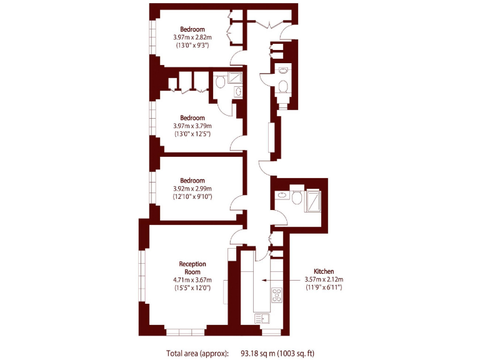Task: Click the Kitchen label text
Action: (x=324, y=271)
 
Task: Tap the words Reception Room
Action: (x=192, y=267)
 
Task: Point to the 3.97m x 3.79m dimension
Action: (x=192, y=126)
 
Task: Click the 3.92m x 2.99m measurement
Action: (x=192, y=189)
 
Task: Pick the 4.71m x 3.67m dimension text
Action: (x=192, y=279)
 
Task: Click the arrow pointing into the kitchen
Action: (x=275, y=281)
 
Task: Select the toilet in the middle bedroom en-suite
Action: (x=221, y=82)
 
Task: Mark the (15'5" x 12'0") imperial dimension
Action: (x=192, y=288)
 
